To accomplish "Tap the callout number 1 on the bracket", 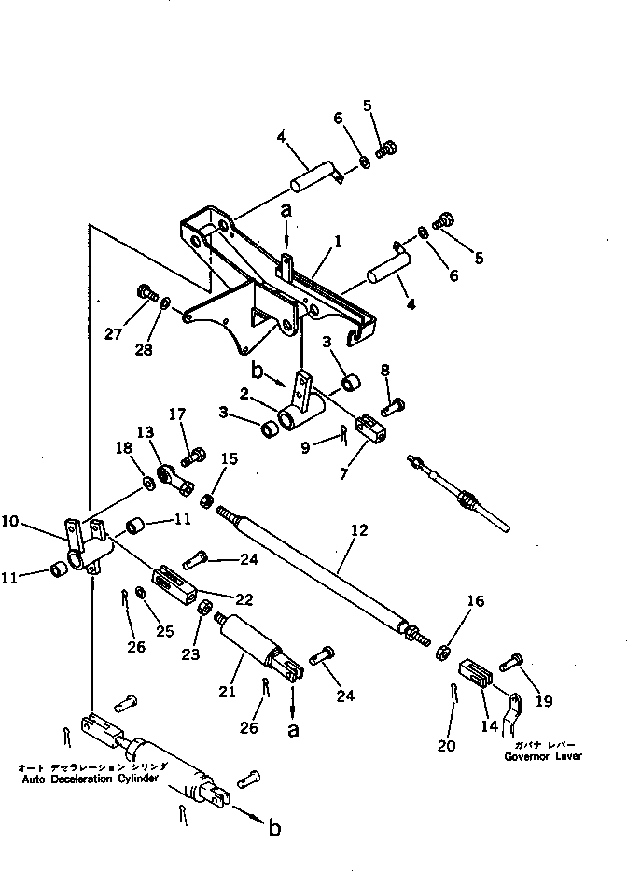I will click(x=338, y=240).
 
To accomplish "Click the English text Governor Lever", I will click(x=544, y=756).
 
